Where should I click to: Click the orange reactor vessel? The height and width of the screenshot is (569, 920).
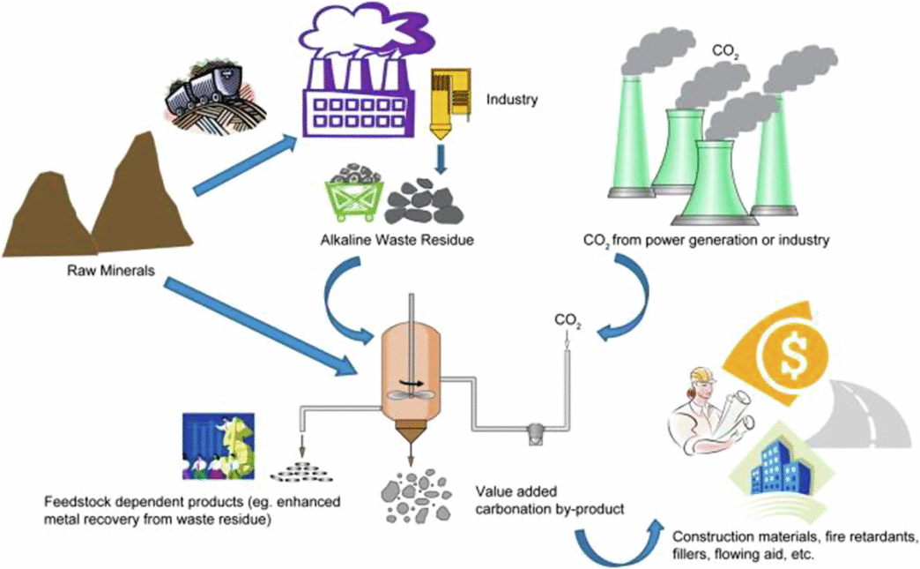pos(412,370)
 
